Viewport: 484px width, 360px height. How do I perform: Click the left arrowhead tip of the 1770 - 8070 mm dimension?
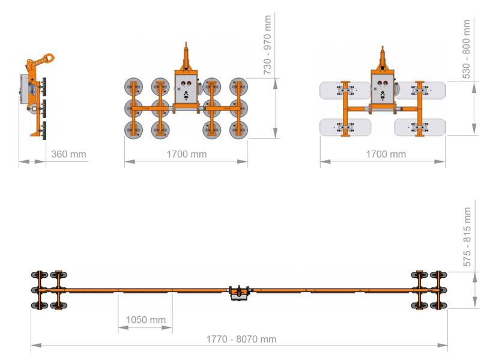click(31, 345)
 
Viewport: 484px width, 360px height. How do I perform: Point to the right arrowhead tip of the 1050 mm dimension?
click(172, 328)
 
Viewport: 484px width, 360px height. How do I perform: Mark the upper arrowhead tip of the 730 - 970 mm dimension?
click(275, 79)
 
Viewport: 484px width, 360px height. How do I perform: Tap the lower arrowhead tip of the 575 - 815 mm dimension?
click(475, 308)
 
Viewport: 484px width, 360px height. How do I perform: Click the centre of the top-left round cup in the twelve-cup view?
click(133, 86)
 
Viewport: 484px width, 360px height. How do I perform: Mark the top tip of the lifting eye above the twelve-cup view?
click(186, 43)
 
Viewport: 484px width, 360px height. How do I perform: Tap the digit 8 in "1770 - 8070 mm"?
click(239, 339)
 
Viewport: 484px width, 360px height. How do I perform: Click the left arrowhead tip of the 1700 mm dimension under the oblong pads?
click(321, 161)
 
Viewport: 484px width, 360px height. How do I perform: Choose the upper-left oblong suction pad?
click(345, 91)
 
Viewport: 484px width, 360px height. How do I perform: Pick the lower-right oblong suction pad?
click(420, 127)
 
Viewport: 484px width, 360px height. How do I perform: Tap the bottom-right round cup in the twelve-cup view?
click(238, 130)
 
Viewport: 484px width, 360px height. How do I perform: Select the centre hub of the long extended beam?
click(239, 292)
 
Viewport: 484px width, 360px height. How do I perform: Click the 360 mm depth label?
click(68, 154)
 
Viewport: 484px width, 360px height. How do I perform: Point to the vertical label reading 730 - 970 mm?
click(267, 45)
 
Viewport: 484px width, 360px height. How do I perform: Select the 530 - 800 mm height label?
click(467, 49)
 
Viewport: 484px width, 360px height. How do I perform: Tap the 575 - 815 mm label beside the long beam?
click(467, 237)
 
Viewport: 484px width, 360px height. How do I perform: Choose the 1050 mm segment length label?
click(146, 320)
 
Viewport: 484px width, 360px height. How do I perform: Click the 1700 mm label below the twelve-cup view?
click(186, 154)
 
